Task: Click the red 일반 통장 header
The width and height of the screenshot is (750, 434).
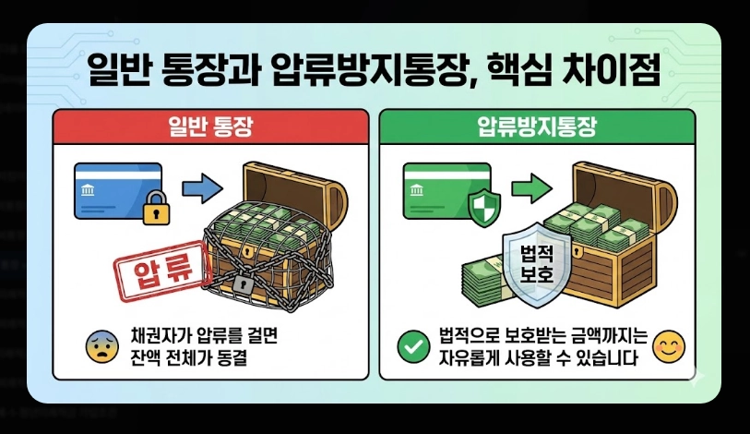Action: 210,127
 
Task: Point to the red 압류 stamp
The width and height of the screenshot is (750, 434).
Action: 163,271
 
